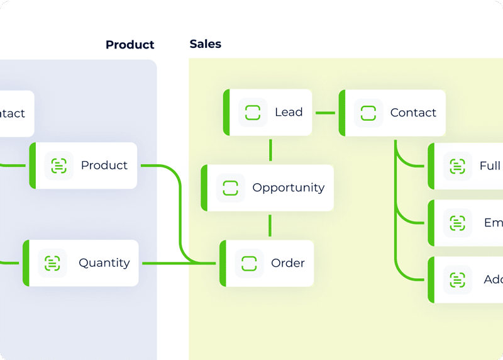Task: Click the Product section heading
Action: point(130,45)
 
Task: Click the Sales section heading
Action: point(206,44)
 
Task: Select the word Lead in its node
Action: point(289,112)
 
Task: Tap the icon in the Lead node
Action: point(253,113)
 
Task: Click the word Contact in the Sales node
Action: point(413,113)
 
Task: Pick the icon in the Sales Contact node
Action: point(368,113)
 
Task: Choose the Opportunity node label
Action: point(289,188)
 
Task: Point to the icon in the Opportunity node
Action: point(231,188)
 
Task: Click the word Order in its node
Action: point(288,263)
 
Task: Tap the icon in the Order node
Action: point(250,263)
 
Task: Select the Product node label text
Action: point(104,165)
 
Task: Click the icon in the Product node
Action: point(59,166)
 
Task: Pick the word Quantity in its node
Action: point(104,263)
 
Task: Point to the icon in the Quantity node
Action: point(53,263)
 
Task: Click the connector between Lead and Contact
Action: point(325,113)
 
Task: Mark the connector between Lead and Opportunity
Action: point(270,150)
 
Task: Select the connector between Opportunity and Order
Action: point(270,225)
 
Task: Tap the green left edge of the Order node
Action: point(223,263)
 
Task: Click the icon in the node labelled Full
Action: point(458,166)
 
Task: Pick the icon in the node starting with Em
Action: point(458,223)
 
